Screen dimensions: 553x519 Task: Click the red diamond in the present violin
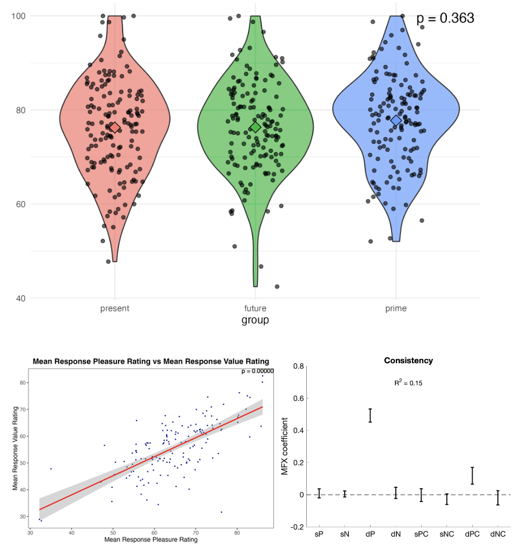[115, 127]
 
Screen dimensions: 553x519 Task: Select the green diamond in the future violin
[256, 127]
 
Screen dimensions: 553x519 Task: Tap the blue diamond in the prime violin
[396, 120]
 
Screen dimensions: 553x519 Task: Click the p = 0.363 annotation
[445, 18]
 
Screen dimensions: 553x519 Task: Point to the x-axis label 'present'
[115, 309]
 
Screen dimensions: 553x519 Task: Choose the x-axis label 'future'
[255, 309]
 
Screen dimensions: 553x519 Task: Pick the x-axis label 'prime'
[396, 309]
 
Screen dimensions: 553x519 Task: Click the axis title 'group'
[255, 320]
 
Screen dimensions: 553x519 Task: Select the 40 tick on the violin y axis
[21, 299]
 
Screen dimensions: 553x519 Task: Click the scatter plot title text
[151, 362]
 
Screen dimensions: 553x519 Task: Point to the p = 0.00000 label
[257, 371]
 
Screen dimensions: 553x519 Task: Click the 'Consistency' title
[408, 361]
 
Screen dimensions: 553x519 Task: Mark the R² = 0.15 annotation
[408, 383]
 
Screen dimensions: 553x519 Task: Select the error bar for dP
[370, 415]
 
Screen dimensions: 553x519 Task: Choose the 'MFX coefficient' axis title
[285, 446]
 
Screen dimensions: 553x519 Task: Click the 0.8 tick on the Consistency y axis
[297, 366]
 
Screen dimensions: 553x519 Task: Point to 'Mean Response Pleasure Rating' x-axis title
[151, 539]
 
